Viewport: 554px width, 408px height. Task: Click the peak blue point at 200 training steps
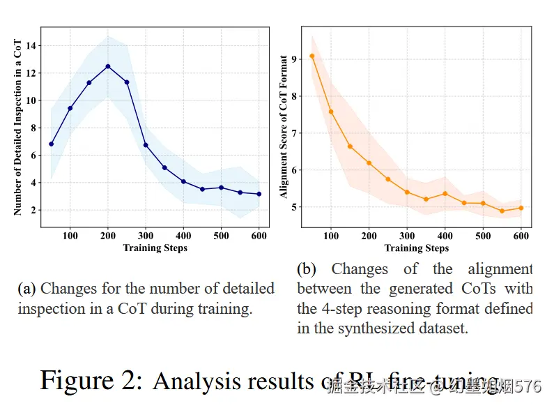coord(108,66)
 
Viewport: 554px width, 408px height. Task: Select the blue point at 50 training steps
coord(51,144)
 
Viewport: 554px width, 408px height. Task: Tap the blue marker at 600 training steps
coord(259,194)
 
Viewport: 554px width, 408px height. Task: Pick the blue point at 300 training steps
coord(146,145)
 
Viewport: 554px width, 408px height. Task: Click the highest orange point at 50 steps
coord(311,56)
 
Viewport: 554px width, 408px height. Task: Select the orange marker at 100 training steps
coord(331,112)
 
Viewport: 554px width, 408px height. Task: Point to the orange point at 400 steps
coord(445,193)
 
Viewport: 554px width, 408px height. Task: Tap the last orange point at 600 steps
coord(521,208)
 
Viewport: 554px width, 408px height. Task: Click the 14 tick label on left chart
coord(30,46)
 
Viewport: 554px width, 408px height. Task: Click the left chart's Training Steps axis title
coord(155,248)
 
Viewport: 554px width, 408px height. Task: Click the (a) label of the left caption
coord(27,288)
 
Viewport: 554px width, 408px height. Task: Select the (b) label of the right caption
coord(306,269)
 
